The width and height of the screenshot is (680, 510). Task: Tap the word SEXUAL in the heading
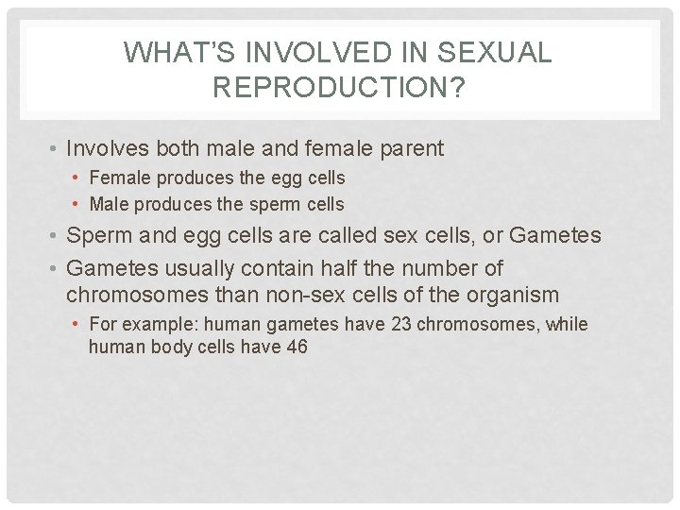(498, 54)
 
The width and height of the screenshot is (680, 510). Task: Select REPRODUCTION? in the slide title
(340, 88)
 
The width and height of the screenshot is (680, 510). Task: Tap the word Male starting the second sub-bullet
(110, 204)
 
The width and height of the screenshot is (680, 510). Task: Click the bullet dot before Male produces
(77, 204)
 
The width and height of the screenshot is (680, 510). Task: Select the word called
(327, 234)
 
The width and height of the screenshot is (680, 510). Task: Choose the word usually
(200, 268)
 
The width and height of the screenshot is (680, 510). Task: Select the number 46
(296, 347)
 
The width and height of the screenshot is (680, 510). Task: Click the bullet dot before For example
(77, 324)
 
